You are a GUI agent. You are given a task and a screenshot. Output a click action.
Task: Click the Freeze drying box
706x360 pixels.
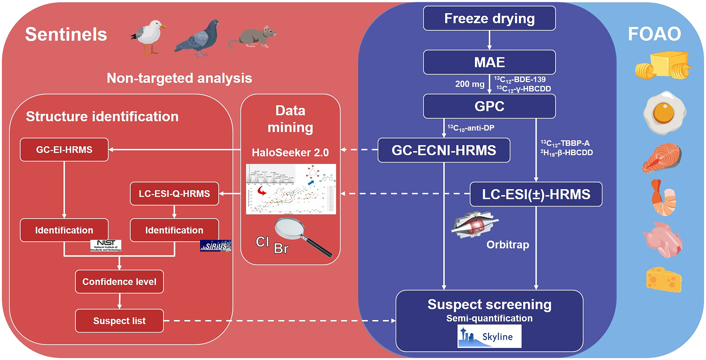point(489,18)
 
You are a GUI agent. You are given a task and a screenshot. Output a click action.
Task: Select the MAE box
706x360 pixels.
point(489,62)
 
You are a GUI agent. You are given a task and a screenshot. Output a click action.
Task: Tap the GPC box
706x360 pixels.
point(489,106)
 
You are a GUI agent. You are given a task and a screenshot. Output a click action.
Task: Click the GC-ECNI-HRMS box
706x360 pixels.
point(444,150)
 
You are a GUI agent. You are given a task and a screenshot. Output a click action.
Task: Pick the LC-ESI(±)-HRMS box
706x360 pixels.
point(536,194)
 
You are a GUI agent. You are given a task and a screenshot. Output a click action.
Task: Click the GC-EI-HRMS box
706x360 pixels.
point(64,150)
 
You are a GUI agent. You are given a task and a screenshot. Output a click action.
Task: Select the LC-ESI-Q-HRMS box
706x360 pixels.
point(174,194)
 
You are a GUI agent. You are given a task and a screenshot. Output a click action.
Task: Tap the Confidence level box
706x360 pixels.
point(119,282)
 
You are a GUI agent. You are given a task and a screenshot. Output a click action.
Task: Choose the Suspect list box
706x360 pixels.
point(119,321)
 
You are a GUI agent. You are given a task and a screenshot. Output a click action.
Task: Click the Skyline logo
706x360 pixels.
point(489,337)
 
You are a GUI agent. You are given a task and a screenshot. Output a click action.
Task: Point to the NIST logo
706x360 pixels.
point(106,245)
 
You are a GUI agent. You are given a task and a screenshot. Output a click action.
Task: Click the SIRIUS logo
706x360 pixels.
point(215,246)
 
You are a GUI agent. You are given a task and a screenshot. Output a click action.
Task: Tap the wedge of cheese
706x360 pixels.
point(664,279)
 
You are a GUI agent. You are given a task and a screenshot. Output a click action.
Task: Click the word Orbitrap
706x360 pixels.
point(508,245)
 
